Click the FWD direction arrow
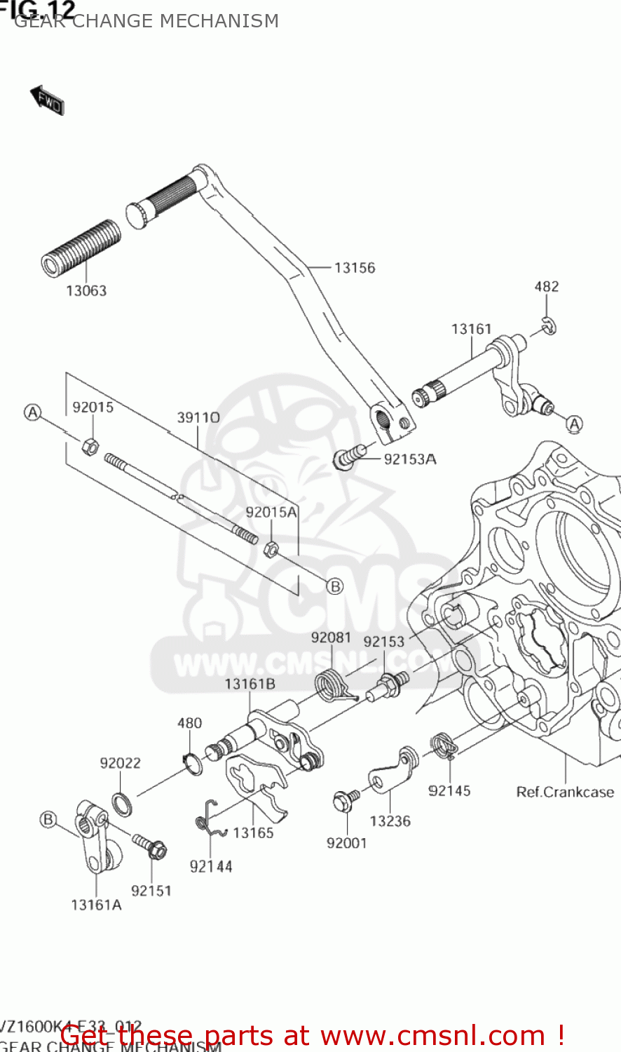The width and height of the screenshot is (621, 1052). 47,100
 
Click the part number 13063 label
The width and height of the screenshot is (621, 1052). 86,290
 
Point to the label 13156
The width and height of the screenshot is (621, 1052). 354,268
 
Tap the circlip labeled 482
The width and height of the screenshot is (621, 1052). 550,325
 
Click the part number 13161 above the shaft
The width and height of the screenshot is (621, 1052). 471,329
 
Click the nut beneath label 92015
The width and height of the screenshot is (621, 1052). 90,445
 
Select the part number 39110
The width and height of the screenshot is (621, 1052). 198,418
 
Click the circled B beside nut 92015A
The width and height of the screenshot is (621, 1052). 335,586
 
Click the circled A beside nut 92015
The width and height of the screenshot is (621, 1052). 33,412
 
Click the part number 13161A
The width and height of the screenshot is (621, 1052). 96,905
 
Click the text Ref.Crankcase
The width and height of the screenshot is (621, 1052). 565,792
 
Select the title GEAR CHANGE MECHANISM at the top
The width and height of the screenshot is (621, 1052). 146,21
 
